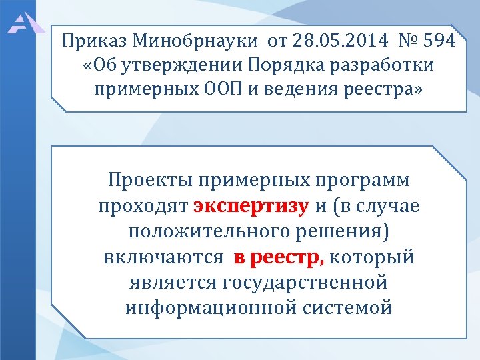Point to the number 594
point(438,42)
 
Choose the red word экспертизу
point(251,206)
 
